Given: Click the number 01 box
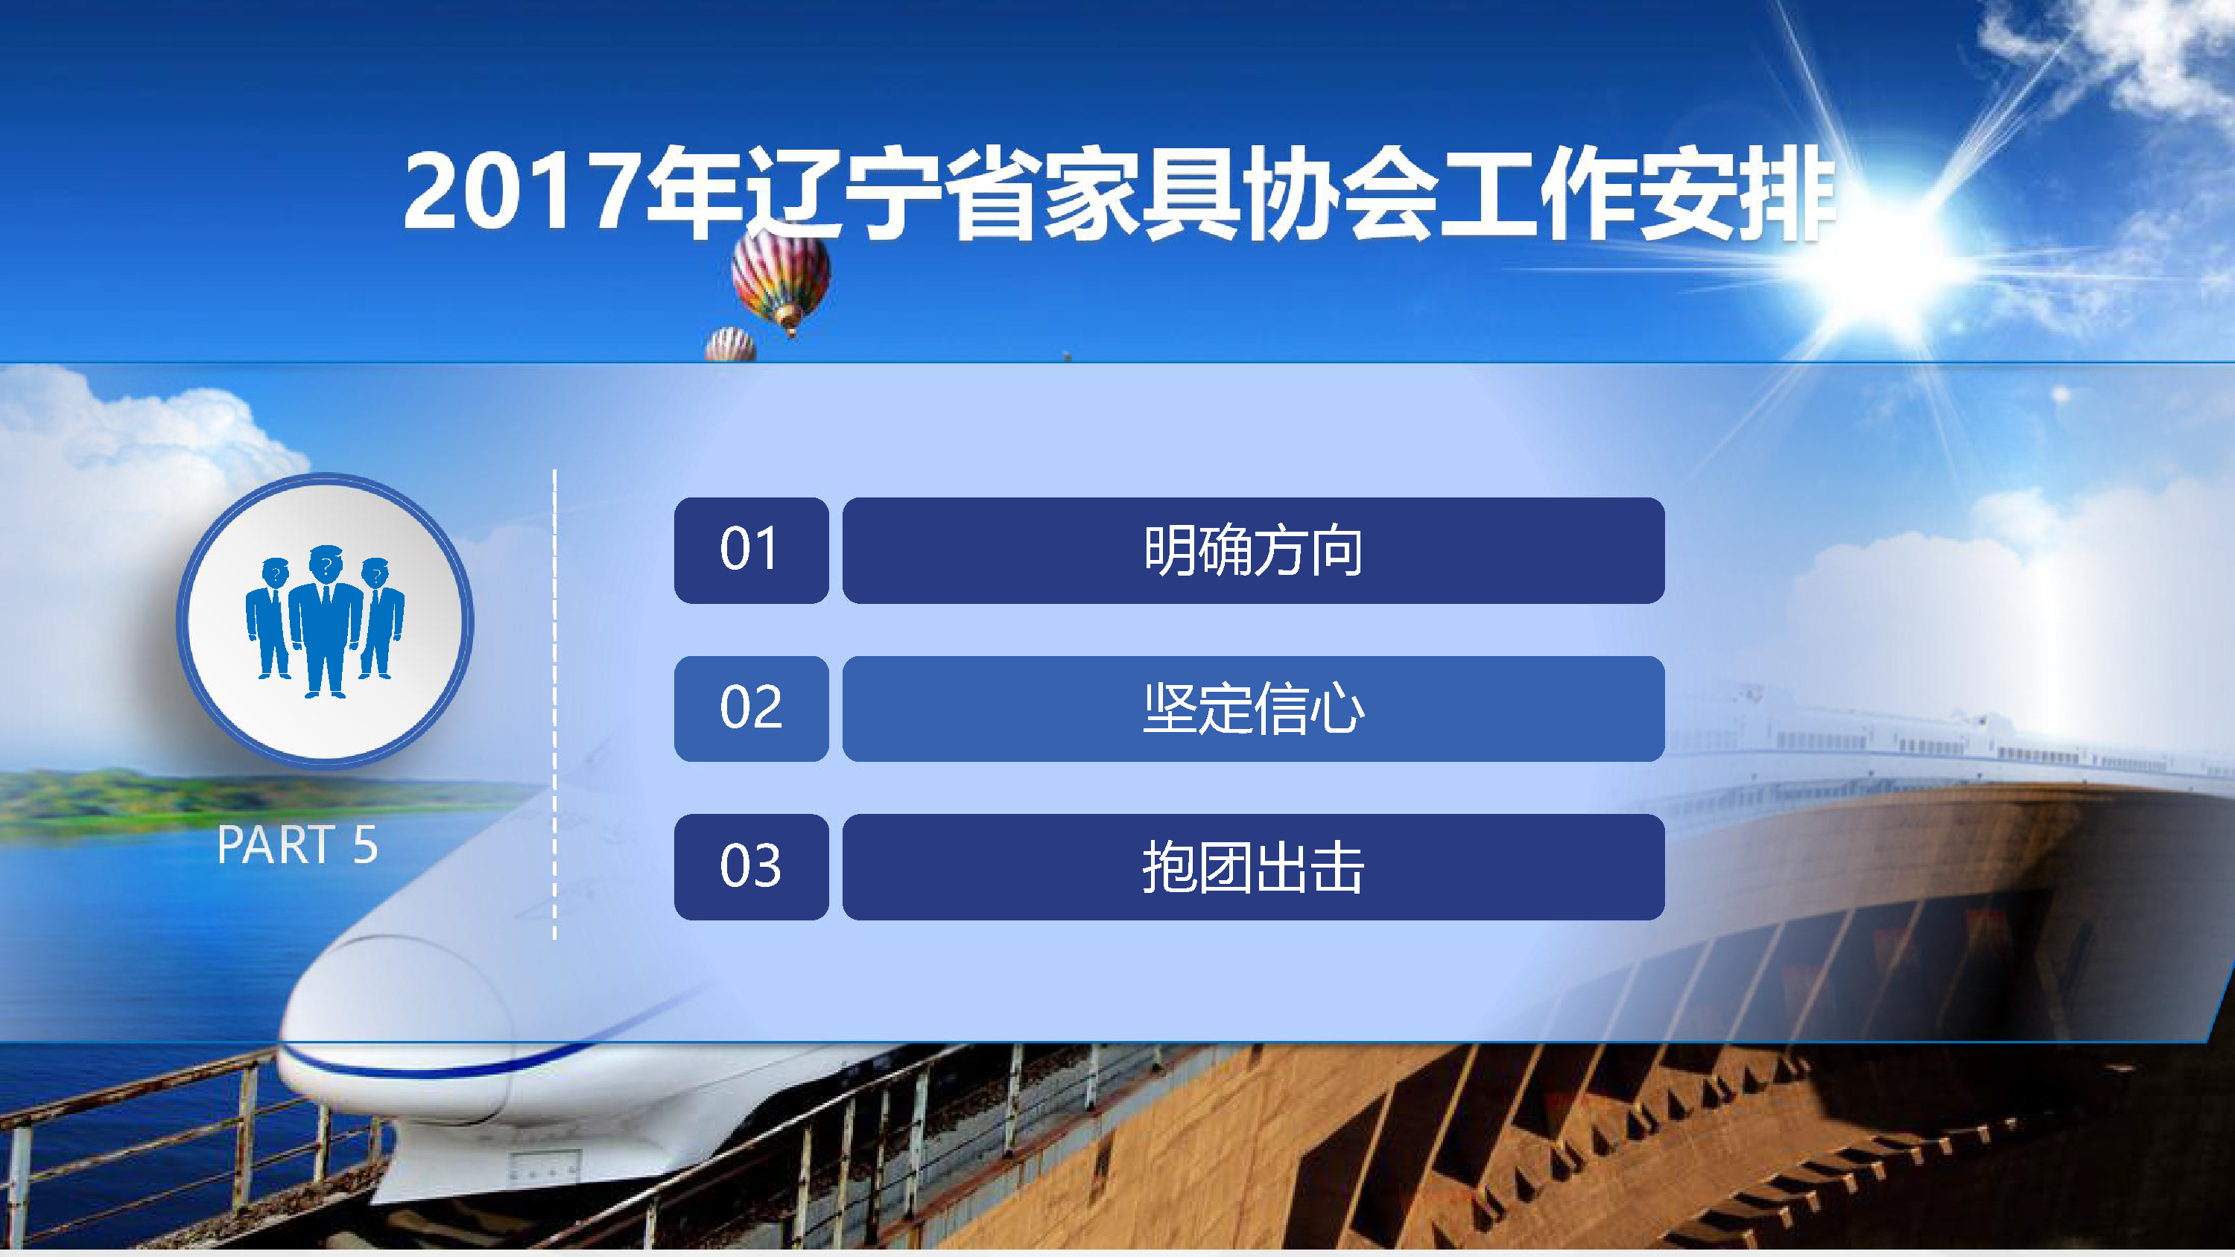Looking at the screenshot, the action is point(752,550).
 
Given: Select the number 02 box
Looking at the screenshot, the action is point(752,709).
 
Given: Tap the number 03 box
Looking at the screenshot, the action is point(752,867).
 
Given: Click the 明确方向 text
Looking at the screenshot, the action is point(1253,550).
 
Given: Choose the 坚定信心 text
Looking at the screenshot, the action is point(1253,709).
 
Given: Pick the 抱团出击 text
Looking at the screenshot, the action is point(1253,867).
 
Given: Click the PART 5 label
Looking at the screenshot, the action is point(297,845).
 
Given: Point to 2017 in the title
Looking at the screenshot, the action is point(519,191).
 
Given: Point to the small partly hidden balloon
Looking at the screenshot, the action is point(731,344).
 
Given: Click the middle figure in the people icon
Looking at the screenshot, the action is point(326,621).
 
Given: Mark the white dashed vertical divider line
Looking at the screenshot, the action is point(554,704).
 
